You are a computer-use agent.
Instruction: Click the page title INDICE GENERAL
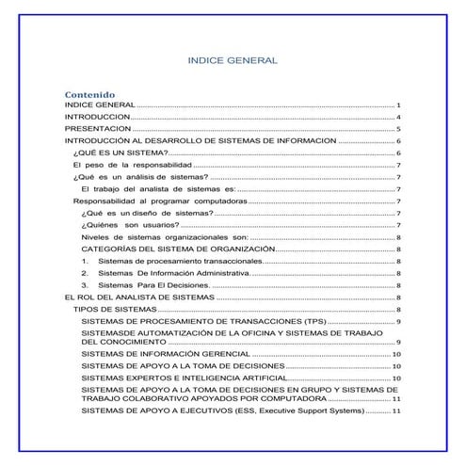click(x=233, y=60)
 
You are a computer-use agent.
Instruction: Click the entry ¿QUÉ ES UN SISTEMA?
click(x=121, y=153)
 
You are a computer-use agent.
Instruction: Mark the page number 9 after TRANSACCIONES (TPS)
click(x=399, y=321)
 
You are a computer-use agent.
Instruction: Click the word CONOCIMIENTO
click(x=124, y=342)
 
